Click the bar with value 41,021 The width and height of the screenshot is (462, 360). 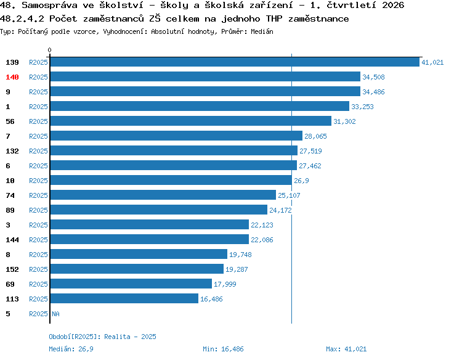(x=235, y=62)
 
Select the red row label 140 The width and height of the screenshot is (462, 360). (x=12, y=77)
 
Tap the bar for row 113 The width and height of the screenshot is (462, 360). (x=124, y=298)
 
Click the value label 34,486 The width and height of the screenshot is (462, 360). (x=373, y=92)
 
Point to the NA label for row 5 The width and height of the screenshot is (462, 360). (x=55, y=314)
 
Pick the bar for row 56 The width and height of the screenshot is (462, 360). (x=191, y=121)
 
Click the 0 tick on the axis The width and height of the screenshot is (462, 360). (x=49, y=50)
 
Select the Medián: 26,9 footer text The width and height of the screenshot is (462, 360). (x=71, y=349)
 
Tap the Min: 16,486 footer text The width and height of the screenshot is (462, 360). (x=223, y=349)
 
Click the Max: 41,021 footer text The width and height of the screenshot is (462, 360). (x=346, y=349)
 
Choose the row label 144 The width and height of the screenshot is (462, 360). (x=12, y=240)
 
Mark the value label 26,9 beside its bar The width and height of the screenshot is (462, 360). (x=301, y=181)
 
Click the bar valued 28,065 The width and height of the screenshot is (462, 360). (x=177, y=136)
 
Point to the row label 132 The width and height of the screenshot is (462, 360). (x=12, y=151)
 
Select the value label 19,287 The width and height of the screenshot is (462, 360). (x=237, y=269)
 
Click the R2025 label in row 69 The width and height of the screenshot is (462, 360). (x=38, y=284)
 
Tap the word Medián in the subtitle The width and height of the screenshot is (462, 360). (x=262, y=31)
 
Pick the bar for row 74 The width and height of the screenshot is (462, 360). (x=163, y=195)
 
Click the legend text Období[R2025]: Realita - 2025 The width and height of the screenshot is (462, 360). (x=102, y=337)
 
